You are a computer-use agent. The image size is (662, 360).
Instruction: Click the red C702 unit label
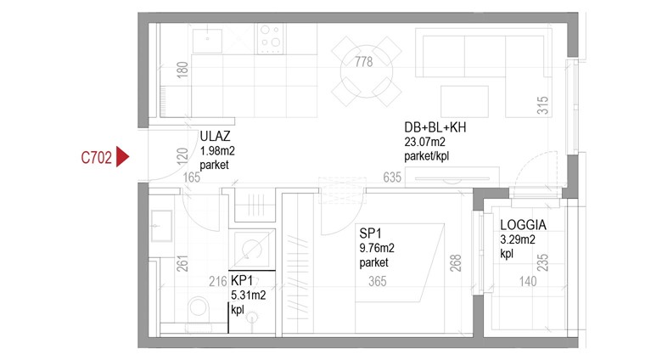pos(96,158)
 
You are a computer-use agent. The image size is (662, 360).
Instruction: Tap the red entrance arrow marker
pos(122,157)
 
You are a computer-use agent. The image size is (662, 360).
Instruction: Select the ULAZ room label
pos(215,136)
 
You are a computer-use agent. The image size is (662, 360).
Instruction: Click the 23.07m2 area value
pos(424,142)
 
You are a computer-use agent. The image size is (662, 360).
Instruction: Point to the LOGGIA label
pos(523,225)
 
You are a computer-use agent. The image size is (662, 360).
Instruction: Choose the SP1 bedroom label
pos(370,233)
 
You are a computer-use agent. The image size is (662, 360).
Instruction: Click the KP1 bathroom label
pos(242,280)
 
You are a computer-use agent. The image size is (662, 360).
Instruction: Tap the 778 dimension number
pos(363,62)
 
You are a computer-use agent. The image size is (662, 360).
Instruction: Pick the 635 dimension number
pos(392,177)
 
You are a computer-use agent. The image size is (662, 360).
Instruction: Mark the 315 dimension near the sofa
pos(542,105)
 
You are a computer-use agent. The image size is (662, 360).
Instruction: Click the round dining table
pos(367,71)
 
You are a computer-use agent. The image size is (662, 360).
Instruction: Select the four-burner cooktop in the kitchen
pos(271,38)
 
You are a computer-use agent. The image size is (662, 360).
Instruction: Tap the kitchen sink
pos(207,41)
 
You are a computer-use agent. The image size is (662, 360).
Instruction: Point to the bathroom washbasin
pos(161,226)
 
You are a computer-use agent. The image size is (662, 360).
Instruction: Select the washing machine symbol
pos(252,250)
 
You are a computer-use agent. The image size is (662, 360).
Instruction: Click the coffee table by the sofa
pos(464,101)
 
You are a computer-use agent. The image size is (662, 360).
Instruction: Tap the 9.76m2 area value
pos(377,248)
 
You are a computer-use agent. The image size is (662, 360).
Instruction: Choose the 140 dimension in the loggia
pos(528,281)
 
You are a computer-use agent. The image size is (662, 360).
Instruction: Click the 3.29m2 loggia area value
pos(518,240)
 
